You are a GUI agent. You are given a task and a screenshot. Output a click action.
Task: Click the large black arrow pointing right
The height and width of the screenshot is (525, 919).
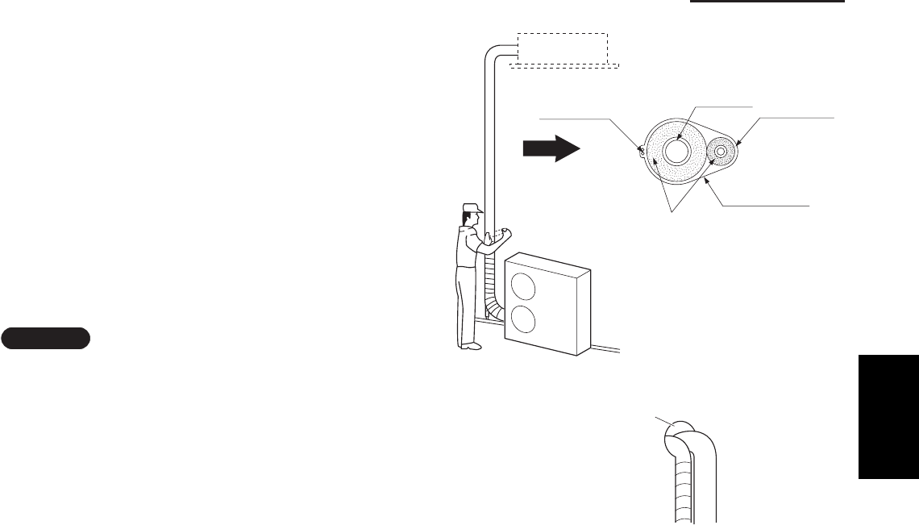551,149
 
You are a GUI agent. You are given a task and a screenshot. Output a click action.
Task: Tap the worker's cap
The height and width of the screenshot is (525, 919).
472,208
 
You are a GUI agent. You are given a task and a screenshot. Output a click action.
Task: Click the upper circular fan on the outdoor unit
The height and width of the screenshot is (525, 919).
523,288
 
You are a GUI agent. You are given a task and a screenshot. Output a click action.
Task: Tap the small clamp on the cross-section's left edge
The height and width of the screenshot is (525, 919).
642,149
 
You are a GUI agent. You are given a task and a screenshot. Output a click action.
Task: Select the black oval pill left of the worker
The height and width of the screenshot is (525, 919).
45,338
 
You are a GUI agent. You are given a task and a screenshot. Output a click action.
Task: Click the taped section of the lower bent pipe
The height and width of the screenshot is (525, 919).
682,484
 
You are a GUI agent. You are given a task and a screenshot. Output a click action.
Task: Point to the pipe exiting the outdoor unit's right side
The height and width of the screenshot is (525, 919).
606,348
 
